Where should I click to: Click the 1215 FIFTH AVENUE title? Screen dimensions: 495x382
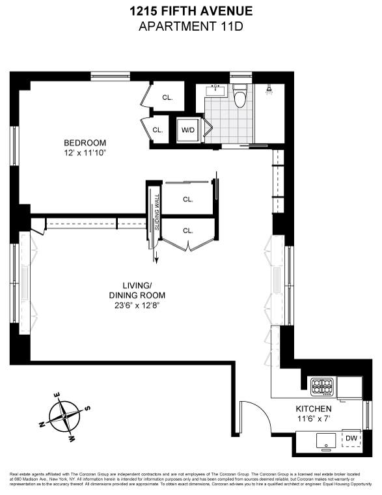tap(191, 11)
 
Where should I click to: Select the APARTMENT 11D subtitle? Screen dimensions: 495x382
tap(191, 26)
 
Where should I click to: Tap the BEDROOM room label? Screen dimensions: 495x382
tap(85, 143)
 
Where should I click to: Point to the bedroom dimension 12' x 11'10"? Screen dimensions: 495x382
tap(85, 153)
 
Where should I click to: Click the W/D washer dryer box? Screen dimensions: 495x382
tap(188, 130)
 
